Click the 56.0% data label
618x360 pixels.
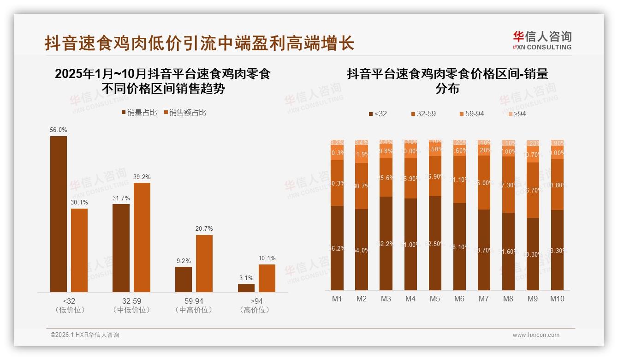tap(59, 130)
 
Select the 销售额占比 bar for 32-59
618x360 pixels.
tap(142, 237)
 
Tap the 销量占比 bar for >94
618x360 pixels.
tap(246, 288)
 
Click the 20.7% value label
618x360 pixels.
tap(204, 229)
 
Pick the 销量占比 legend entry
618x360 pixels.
tap(139, 113)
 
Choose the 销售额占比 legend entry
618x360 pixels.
tap(185, 113)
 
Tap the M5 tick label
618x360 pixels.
tap(435, 299)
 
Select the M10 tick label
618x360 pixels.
tap(557, 299)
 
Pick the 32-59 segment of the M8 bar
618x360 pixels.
tap(508, 185)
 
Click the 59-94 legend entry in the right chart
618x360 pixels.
tap(471, 114)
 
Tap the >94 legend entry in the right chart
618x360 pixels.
tap(517, 114)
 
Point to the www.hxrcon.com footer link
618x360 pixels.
tap(536, 335)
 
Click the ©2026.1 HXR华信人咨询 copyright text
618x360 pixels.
tap(85, 335)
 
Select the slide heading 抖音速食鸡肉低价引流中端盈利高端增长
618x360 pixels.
tap(199, 43)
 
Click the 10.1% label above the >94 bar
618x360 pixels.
tap(267, 258)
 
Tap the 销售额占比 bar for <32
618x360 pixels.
tap(79, 250)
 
